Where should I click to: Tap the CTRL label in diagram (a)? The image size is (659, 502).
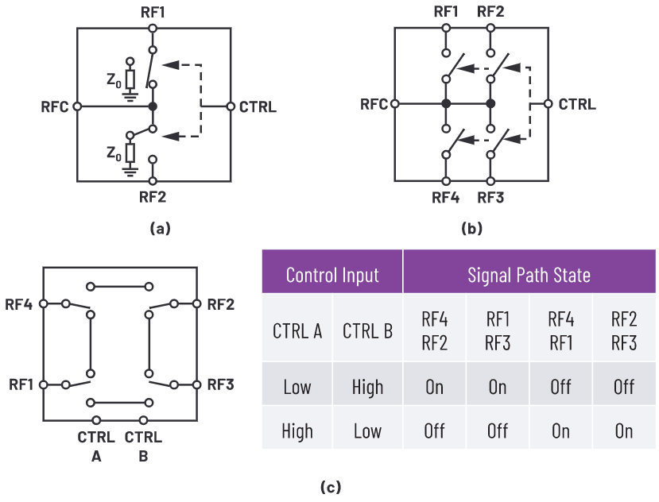[258, 106]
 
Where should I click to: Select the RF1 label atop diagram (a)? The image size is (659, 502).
[153, 11]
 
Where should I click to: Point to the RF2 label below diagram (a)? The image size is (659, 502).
[153, 194]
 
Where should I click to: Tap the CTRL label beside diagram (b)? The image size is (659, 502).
[577, 104]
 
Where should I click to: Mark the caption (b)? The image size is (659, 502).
[471, 229]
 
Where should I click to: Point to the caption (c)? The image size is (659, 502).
[328, 487]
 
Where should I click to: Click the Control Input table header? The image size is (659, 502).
[332, 275]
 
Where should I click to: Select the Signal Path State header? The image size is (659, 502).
[529, 275]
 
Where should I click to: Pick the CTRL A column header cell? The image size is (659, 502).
[297, 330]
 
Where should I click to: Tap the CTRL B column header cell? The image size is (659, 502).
[367, 330]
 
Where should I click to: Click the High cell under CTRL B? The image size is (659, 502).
[367, 387]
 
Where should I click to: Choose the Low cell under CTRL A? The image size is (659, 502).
[297, 387]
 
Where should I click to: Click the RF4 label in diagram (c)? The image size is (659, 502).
[19, 303]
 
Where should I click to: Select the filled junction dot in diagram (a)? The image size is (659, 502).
[153, 106]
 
